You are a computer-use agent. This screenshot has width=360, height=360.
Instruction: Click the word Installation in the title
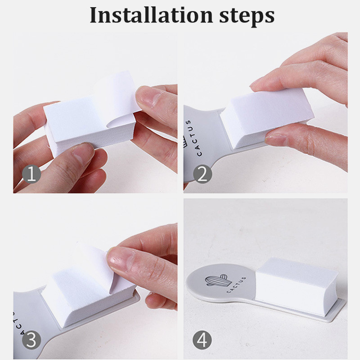[x=151, y=15]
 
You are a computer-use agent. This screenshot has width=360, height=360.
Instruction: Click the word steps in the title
[x=247, y=17]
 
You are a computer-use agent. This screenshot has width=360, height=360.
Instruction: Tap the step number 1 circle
[x=31, y=174]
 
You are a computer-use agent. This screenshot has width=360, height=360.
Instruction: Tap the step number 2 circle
[x=202, y=174]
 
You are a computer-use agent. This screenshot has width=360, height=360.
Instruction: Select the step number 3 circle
[x=31, y=340]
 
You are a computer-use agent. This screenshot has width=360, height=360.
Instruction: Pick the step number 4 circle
[x=202, y=340]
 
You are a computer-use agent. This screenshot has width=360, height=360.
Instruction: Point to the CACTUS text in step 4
[x=236, y=285]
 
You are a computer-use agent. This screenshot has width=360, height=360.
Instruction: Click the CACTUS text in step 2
[x=193, y=138]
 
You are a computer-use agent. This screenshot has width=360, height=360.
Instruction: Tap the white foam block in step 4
[x=296, y=284]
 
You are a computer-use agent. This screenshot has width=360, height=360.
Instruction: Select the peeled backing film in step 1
[x=117, y=96]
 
